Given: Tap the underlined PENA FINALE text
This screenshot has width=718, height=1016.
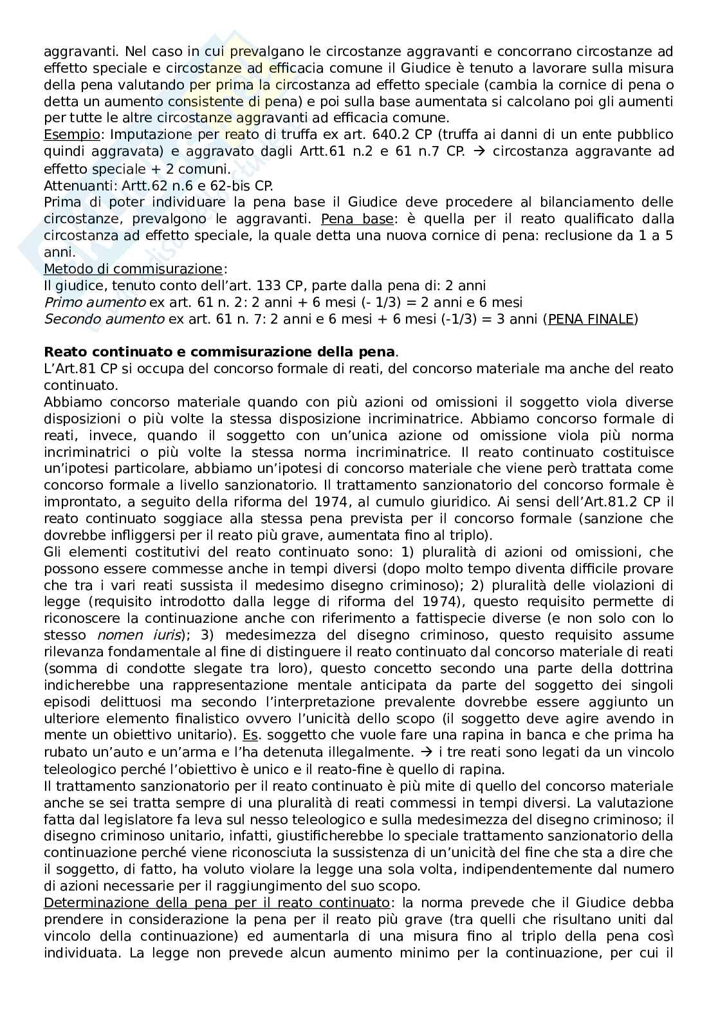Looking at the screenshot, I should coord(591,319).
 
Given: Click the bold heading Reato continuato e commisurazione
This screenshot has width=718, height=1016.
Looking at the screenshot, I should coord(219,352).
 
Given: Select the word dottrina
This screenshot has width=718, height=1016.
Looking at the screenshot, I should coord(645,668).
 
